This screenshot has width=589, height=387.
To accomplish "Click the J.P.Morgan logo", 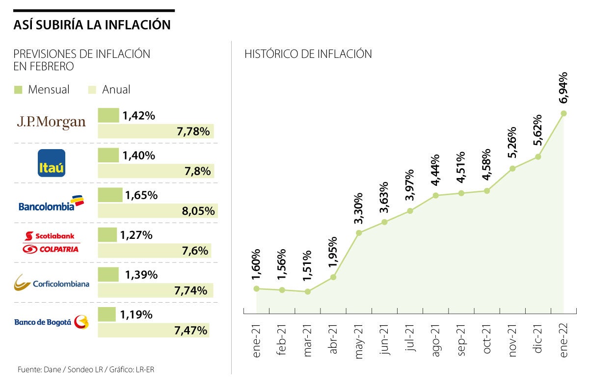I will [51, 122].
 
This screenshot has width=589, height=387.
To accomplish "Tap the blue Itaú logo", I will [52, 163].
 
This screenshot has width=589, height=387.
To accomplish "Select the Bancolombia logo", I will [51, 204].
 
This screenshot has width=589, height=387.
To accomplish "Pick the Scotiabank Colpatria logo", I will [51, 242].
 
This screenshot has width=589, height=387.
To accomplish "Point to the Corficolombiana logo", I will [52, 283].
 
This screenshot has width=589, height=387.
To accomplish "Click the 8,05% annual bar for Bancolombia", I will [158, 211].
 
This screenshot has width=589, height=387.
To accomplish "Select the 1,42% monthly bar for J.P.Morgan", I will [108, 116].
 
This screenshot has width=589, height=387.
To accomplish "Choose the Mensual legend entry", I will [42, 90].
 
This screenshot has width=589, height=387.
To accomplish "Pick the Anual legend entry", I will [109, 90].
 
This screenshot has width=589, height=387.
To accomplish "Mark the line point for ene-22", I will [563, 113].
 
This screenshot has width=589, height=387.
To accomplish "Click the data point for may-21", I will [359, 232].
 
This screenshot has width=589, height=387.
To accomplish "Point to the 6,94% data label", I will [563, 88].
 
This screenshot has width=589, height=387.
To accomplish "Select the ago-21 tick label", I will [435, 340].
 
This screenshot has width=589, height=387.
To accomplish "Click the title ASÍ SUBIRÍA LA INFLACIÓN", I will [92, 25].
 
